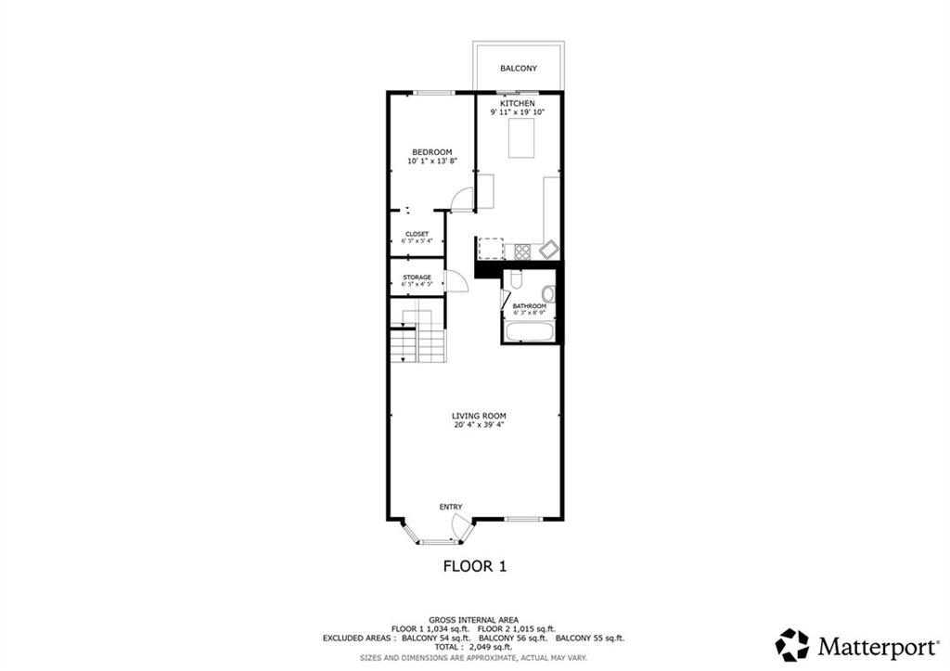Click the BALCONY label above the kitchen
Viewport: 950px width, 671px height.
pos(518,69)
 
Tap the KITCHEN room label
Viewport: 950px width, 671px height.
pos(518,102)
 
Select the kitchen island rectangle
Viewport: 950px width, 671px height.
pos(520,140)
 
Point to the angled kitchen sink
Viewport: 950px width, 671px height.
pos(549,250)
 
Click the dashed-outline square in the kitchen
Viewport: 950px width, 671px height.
pos(490,250)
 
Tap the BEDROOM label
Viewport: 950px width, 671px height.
pos(431,152)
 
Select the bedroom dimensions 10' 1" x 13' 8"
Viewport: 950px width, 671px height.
pos(431,161)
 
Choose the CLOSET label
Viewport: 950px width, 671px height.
pos(417,234)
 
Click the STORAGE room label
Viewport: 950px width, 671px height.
pos(417,277)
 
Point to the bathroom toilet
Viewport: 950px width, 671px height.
pos(518,280)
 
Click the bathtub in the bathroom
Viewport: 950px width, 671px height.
pos(529,330)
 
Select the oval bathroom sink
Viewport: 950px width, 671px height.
pos(547,295)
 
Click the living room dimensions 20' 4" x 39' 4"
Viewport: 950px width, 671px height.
pos(478,426)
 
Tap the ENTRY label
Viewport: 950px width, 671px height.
pos(451,507)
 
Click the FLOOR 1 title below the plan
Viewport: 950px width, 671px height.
pos(474,565)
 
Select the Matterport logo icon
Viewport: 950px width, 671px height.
pos(792,644)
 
